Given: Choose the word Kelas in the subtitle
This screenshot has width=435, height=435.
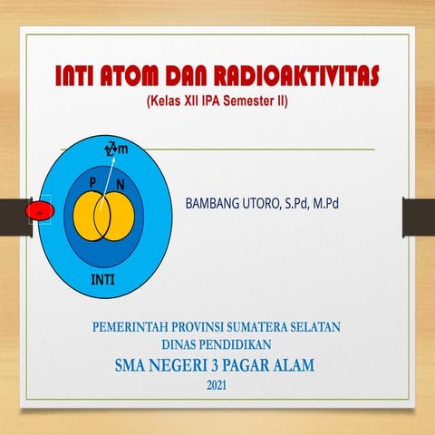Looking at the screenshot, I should point(167,101).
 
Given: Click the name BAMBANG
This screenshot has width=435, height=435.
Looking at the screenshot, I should point(215,205).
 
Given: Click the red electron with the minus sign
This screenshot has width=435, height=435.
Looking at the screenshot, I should point(39,212).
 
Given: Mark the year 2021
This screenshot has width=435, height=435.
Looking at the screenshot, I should point(217,387).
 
